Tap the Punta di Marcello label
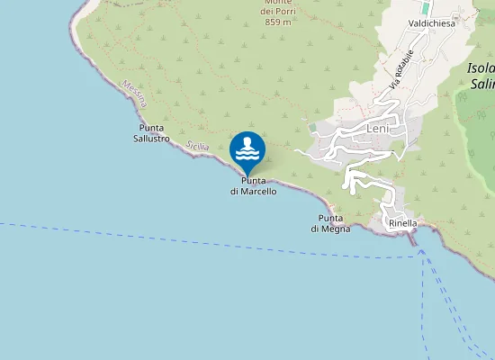pyautogui.click(x=253, y=186)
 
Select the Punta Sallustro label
pyautogui.click(x=151, y=133)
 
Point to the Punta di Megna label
pyautogui.click(x=330, y=223)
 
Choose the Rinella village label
pyautogui.click(x=402, y=223)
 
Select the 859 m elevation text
pyautogui.click(x=278, y=22)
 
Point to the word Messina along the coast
pyautogui.click(x=133, y=94)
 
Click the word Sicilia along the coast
pyautogui.click(x=196, y=146)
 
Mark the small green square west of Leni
pyautogui.click(x=312, y=128)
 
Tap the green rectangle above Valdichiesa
pyautogui.click(x=425, y=7)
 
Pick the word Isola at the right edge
pyautogui.click(x=482, y=68)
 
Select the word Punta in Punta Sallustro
pyautogui.click(x=151, y=128)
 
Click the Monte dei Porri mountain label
pyautogui.click(x=278, y=7)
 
